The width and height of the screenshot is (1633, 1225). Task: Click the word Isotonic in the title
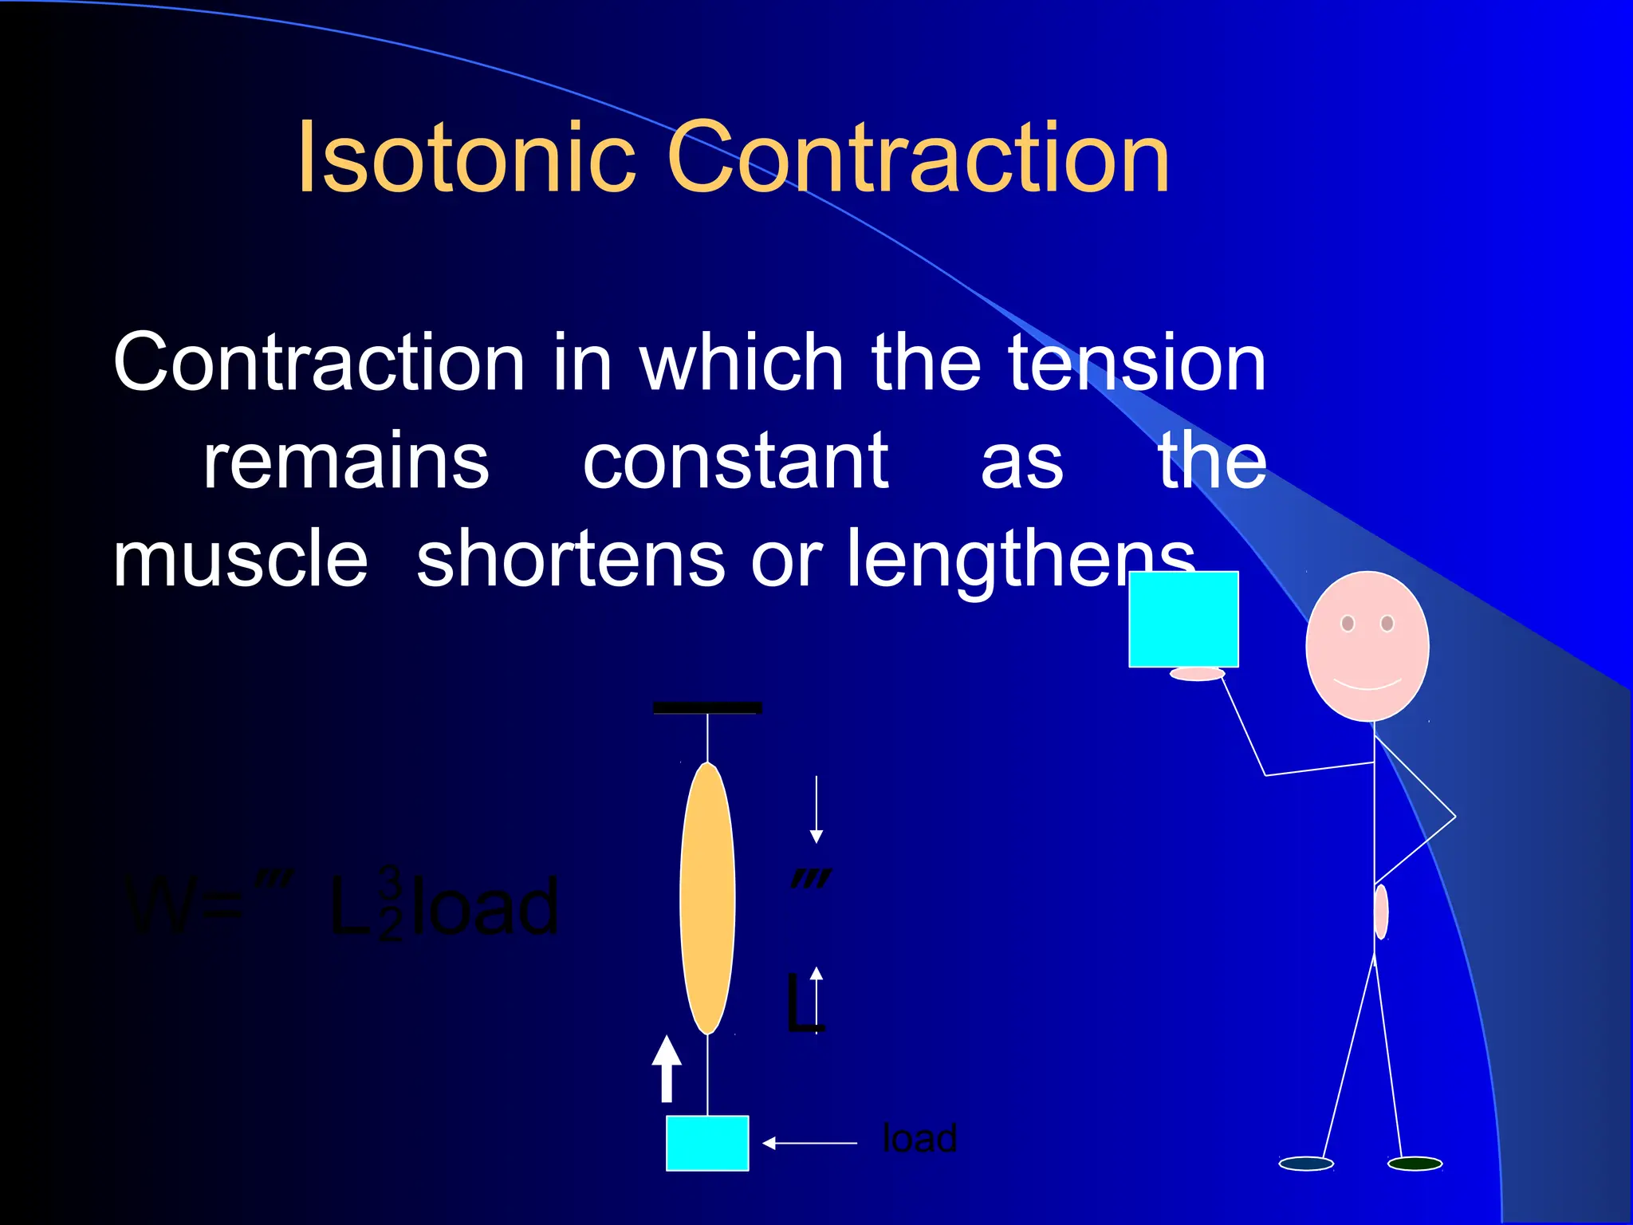pos(466,157)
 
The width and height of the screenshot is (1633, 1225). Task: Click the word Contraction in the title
pos(917,157)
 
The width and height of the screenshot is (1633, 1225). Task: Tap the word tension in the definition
pos(1136,364)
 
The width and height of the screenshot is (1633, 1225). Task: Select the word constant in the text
pos(735,463)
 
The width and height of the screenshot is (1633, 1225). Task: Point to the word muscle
pos(240,560)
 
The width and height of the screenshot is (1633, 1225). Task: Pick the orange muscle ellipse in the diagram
pos(707,898)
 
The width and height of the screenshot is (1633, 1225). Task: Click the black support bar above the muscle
pos(707,707)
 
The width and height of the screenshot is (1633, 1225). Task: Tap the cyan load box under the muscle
pos(707,1143)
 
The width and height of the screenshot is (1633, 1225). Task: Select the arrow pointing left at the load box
pos(809,1143)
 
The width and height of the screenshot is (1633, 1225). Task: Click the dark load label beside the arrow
pos(919,1139)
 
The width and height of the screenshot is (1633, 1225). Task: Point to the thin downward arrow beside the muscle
pos(816,809)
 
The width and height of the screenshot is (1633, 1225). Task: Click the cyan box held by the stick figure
pos(1183,619)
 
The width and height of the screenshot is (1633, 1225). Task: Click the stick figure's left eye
pos(1348,623)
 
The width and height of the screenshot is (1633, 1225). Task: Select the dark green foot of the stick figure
pos(1415,1164)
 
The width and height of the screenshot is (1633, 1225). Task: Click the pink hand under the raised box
pos(1197,675)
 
